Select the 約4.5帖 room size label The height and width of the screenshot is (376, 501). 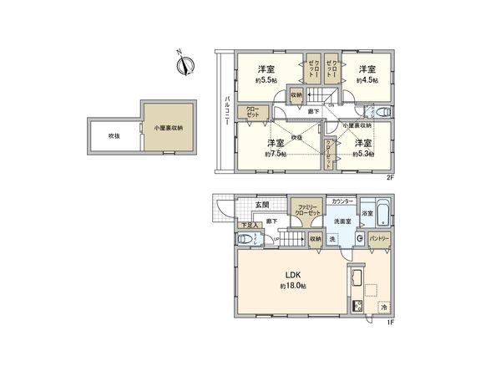(367, 81)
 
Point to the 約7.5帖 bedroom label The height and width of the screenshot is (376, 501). (276, 154)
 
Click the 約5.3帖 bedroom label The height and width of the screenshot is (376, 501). (364, 154)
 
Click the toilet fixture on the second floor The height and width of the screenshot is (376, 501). (381, 110)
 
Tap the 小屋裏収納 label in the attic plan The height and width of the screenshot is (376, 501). (167, 128)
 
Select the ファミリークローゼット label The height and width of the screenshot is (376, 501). (306, 209)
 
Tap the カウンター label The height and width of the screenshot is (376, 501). (341, 202)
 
